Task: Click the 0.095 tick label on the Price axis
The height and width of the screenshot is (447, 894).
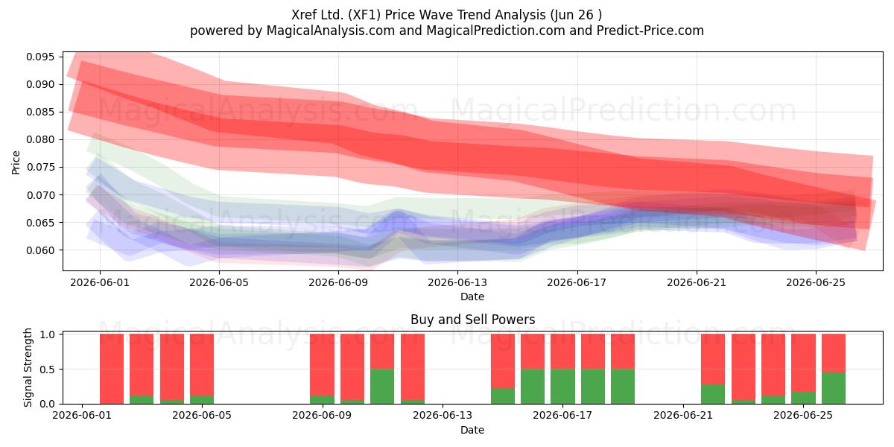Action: (x=40, y=57)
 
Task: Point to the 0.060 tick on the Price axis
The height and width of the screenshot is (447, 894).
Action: (x=40, y=250)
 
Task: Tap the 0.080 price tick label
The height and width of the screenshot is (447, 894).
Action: (x=40, y=140)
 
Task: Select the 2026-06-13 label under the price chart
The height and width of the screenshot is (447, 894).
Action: (x=457, y=282)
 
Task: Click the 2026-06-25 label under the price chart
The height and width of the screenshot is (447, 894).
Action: (x=816, y=282)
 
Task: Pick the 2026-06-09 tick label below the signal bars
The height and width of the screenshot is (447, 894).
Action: (x=322, y=415)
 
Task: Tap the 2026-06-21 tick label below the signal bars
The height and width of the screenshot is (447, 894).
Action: (x=683, y=415)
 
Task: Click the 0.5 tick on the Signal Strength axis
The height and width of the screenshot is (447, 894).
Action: (x=47, y=370)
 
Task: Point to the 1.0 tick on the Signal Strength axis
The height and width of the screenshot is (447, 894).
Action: (x=47, y=335)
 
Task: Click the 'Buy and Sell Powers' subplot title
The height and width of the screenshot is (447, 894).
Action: (x=472, y=320)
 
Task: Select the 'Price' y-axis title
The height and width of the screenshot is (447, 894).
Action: (x=16, y=162)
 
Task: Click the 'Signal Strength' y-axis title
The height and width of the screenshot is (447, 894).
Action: (x=28, y=367)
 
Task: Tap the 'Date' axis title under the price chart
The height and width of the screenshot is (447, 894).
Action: (x=472, y=297)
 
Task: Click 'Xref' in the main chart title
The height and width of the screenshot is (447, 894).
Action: (x=304, y=15)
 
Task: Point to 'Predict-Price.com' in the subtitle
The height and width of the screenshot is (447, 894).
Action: (x=650, y=31)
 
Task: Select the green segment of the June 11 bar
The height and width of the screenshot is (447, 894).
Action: (x=382, y=387)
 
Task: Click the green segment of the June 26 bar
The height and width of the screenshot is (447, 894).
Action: (x=834, y=388)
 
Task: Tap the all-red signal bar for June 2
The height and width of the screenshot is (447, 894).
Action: (x=111, y=369)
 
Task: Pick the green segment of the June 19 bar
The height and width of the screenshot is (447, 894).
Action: (x=623, y=387)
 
